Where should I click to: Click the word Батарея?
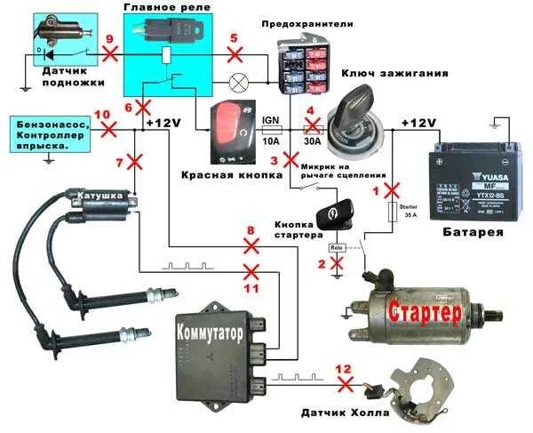tap(473, 232)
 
